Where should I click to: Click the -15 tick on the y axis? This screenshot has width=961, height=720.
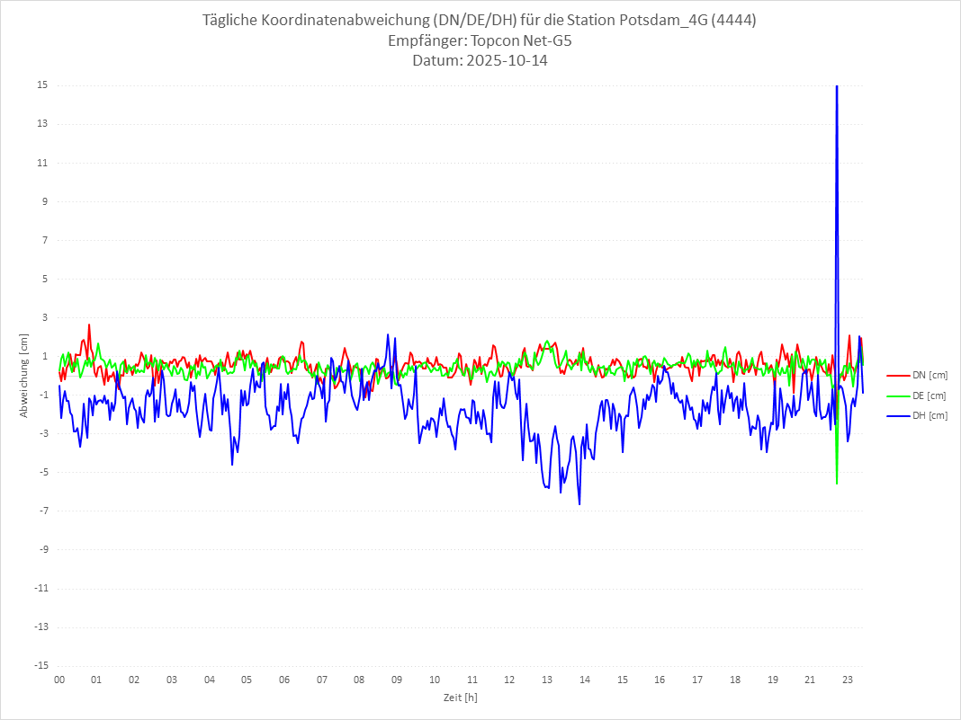pyautogui.click(x=41, y=666)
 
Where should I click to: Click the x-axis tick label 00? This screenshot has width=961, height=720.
pyautogui.click(x=59, y=680)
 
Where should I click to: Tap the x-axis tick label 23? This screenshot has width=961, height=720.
pyautogui.click(x=848, y=680)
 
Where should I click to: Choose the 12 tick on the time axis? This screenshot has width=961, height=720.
pyautogui.click(x=509, y=680)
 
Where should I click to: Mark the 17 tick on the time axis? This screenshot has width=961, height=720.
pyautogui.click(x=697, y=680)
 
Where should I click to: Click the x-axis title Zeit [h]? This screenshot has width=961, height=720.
pyautogui.click(x=460, y=698)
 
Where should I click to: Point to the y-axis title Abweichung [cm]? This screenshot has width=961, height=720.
pyautogui.click(x=24, y=376)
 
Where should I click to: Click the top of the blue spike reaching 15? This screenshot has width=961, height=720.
pyautogui.click(x=837, y=86)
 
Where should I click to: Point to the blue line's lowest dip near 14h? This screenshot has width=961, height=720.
pyautogui.click(x=579, y=504)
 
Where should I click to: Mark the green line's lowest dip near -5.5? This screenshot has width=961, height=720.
pyautogui.click(x=837, y=484)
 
